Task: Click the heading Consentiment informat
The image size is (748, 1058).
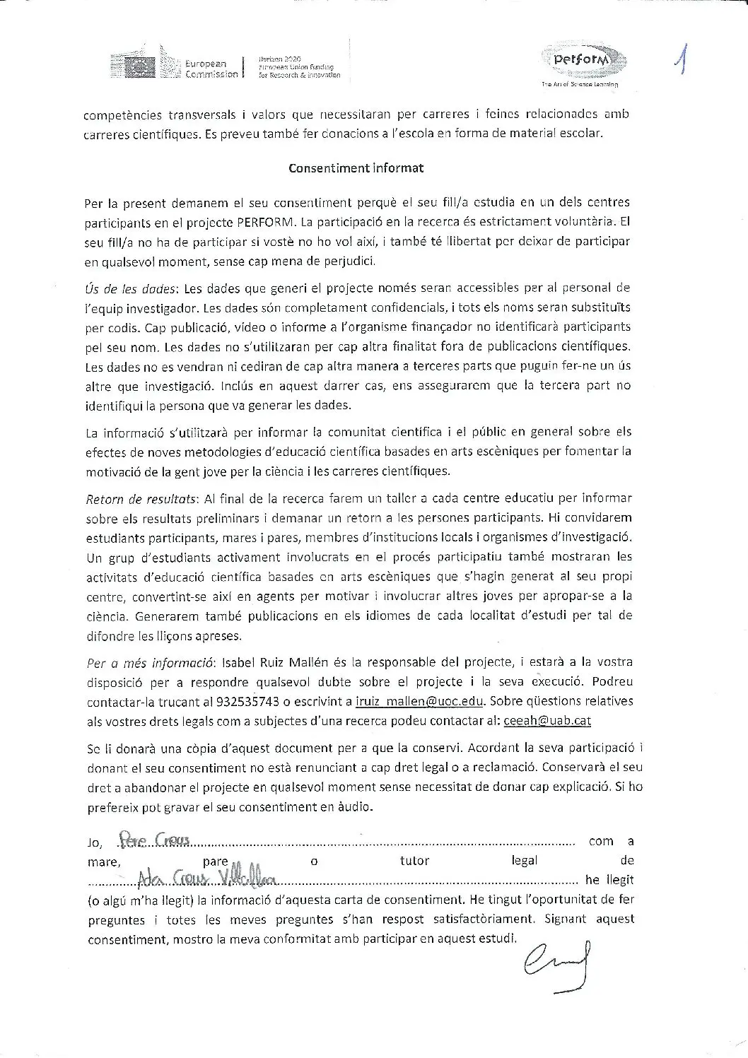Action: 356,168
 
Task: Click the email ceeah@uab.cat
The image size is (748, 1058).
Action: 547,720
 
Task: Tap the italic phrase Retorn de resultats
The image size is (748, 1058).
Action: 142,499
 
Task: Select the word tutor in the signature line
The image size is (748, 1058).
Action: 414,861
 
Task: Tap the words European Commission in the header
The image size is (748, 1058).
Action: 211,69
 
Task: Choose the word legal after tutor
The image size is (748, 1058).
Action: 523,861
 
